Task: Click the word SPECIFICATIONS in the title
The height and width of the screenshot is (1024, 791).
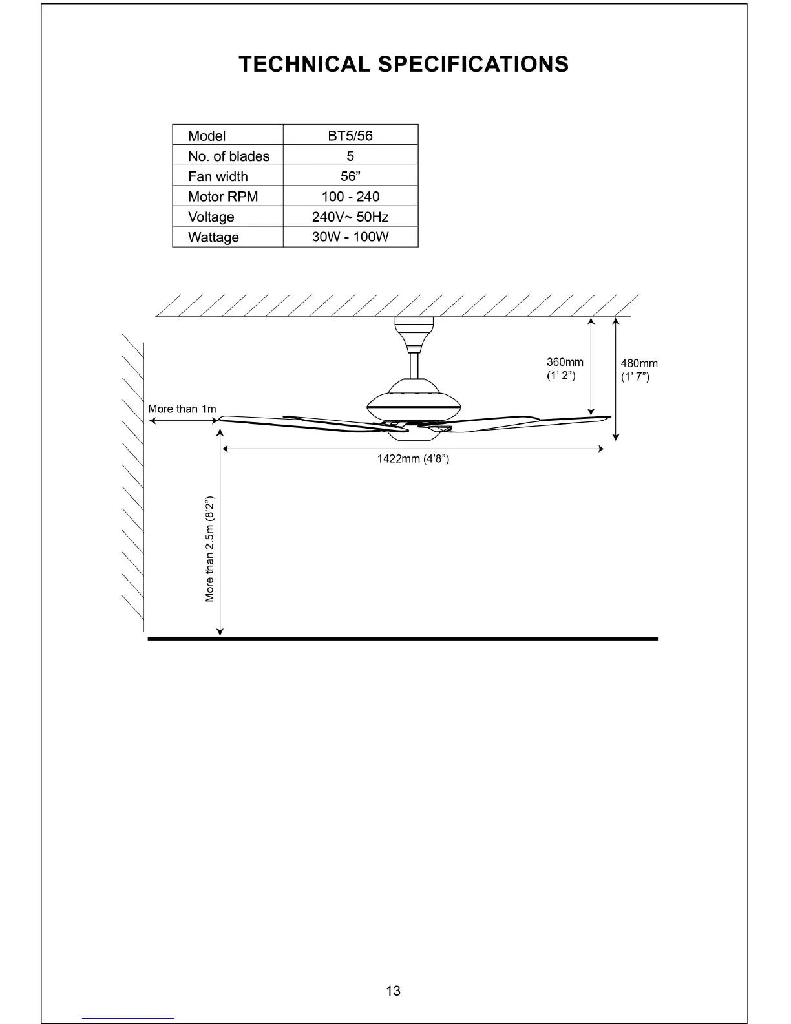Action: [472, 65]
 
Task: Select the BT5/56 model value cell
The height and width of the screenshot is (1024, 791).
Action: [350, 136]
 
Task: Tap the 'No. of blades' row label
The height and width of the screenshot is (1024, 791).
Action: [228, 156]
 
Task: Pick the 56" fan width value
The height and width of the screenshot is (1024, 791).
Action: [350, 176]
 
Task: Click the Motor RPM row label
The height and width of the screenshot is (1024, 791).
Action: [222, 197]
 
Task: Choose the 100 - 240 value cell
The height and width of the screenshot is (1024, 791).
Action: [350, 197]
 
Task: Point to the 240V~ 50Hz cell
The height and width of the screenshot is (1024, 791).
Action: [350, 217]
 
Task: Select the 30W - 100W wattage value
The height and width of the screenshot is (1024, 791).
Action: [350, 237]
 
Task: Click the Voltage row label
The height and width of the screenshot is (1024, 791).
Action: [211, 217]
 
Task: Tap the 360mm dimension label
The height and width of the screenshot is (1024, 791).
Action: [565, 363]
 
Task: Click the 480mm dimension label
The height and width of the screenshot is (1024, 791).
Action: [639, 364]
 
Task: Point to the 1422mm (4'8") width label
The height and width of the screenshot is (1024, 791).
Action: [413, 460]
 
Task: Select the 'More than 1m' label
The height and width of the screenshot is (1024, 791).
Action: [182, 409]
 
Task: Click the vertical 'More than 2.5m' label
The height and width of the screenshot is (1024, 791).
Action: [209, 549]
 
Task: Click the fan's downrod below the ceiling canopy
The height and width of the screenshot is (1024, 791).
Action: [414, 365]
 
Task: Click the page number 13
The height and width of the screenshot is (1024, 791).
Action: [393, 990]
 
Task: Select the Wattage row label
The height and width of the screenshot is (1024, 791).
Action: [213, 237]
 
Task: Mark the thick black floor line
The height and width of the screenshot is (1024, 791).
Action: [402, 639]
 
